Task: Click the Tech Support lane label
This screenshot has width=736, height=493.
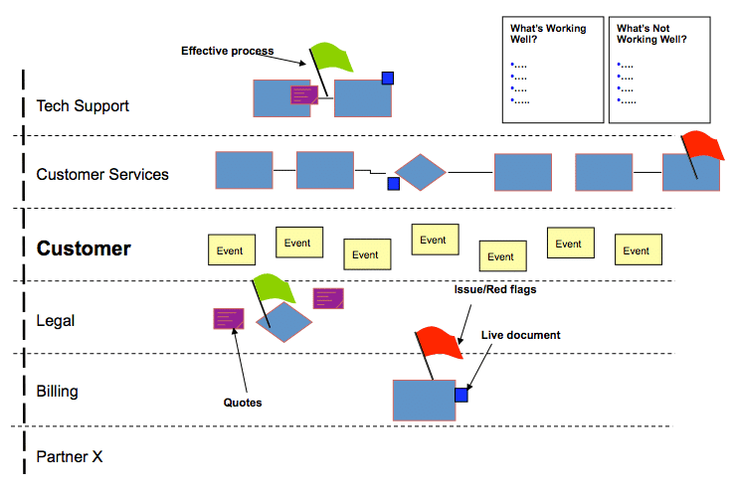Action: (83, 105)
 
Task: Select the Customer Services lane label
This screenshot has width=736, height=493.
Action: (102, 175)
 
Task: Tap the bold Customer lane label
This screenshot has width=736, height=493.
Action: (84, 248)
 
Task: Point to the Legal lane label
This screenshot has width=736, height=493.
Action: (56, 321)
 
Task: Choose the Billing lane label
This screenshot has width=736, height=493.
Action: (57, 392)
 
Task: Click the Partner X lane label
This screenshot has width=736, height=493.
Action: (70, 457)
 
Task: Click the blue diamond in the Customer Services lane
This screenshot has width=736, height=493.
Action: (421, 172)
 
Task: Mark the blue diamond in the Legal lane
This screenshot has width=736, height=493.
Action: (283, 321)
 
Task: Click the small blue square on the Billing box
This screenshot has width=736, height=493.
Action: (460, 396)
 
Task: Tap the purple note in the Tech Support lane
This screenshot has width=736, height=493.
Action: (304, 94)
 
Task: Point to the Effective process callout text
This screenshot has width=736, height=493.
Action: (227, 51)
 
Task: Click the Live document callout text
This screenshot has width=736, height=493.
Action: (520, 335)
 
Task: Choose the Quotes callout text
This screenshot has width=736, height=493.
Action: (243, 403)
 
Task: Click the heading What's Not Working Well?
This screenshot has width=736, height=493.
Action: (651, 34)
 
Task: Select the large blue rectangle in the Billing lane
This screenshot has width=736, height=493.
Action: (424, 401)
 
